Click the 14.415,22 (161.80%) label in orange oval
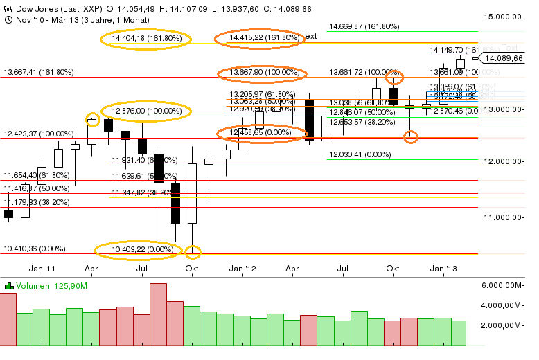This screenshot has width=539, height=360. click(x=259, y=38)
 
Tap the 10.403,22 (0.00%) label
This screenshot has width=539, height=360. click(x=141, y=249)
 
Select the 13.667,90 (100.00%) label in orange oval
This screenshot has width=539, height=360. click(x=262, y=73)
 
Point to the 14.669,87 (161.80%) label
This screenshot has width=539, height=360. click(x=364, y=26)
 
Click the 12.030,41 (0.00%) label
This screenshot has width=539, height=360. click(x=357, y=154)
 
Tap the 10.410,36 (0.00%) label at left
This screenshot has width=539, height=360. click(x=35, y=249)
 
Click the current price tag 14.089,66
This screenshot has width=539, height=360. click(x=504, y=59)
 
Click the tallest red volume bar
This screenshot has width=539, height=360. click(x=158, y=314)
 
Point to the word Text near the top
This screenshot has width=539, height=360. click(x=309, y=36)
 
